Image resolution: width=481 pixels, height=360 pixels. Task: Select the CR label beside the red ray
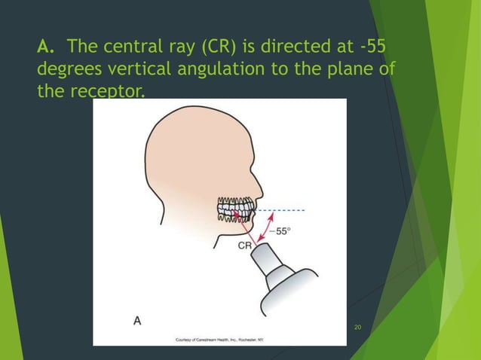[x=245, y=245]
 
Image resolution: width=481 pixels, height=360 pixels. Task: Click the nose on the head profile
[x=258, y=184]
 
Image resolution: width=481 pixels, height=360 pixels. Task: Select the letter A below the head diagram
[x=137, y=321]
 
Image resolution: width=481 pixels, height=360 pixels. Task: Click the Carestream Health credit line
[x=219, y=340]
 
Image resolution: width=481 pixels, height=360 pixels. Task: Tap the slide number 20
[x=357, y=326]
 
